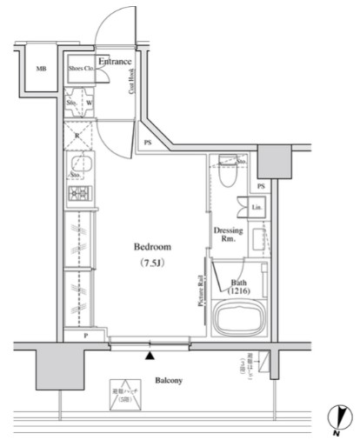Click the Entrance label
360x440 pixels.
click(115, 61)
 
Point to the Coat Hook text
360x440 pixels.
click(131, 88)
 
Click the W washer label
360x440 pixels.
click(89, 103)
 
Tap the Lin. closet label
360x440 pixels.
click(257, 208)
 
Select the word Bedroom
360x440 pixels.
click(151, 246)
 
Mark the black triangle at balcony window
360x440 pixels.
click(150, 355)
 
